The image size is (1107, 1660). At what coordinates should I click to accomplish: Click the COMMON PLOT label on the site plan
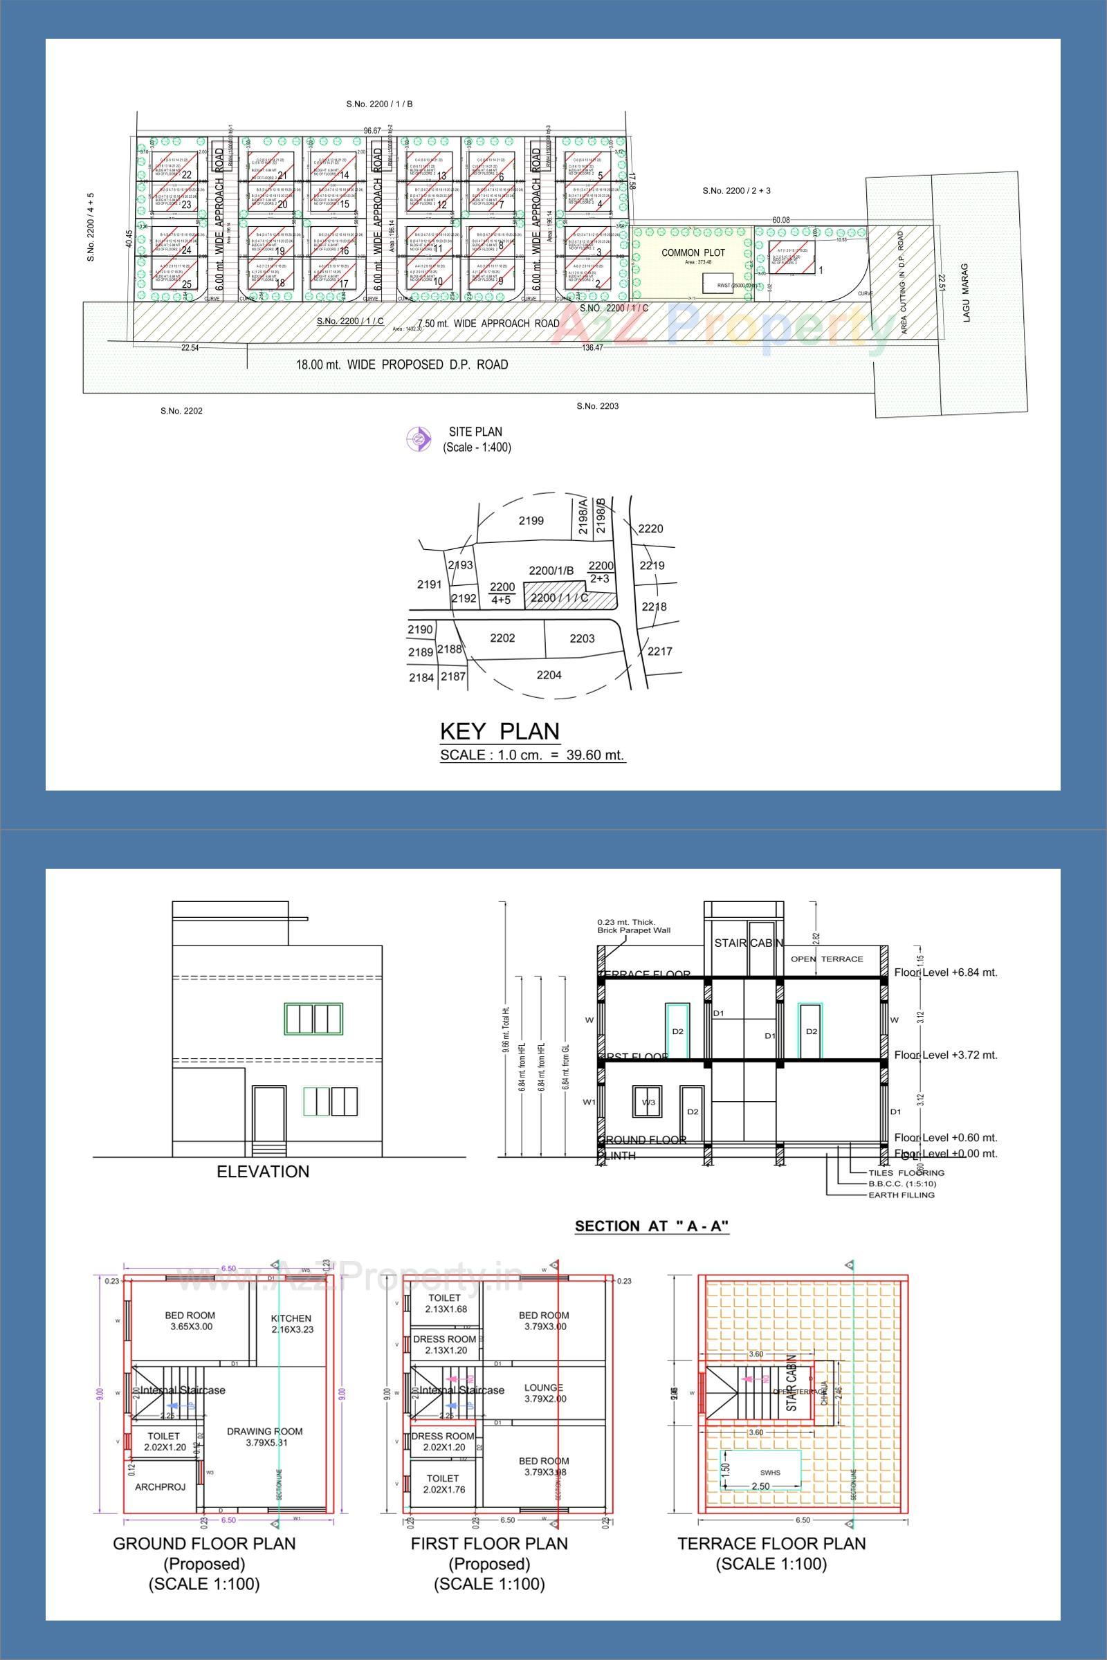(x=693, y=252)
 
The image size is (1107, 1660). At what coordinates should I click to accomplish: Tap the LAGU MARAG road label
(x=967, y=293)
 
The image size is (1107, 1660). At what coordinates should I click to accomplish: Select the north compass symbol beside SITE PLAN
(x=418, y=439)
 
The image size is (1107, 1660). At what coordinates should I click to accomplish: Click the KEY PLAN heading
(x=499, y=730)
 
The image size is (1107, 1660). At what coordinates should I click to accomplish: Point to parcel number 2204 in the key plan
(x=549, y=675)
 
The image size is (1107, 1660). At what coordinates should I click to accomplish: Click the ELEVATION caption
(x=263, y=1172)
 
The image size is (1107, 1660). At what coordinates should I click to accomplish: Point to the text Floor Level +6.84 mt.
(x=945, y=972)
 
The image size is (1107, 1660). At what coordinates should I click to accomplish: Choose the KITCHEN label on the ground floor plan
(x=291, y=1318)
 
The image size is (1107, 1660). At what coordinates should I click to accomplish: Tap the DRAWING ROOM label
(x=265, y=1431)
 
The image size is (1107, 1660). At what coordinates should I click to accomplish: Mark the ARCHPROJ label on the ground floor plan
(x=161, y=1486)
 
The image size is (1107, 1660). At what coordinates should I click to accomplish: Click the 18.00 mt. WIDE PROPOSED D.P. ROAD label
(x=402, y=365)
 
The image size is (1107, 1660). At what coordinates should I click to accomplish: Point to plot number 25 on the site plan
(x=186, y=284)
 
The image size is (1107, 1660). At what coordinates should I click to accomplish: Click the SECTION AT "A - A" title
(x=652, y=1226)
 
